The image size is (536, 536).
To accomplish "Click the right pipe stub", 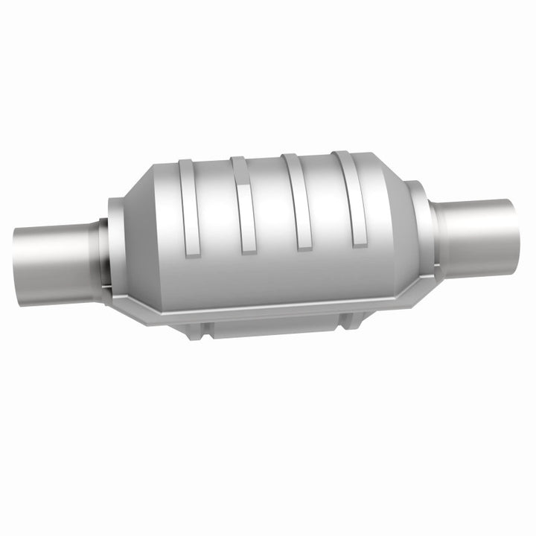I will coord(476,237).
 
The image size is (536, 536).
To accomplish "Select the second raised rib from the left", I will coord(243,205).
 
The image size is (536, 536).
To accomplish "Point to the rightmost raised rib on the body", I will coord(350,197).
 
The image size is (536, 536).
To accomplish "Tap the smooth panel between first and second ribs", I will coord(216,223).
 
